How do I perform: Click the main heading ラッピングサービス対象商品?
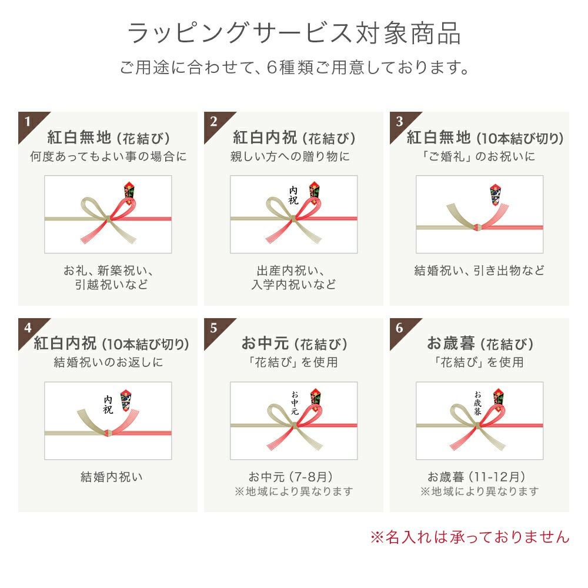[x=294, y=33]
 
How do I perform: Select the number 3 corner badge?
[x=399, y=122]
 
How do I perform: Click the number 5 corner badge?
[x=213, y=328]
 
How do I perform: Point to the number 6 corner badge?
[x=399, y=328]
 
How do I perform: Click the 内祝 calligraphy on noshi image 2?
[x=293, y=195]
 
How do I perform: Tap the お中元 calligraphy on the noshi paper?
[x=295, y=402]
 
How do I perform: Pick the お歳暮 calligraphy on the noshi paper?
[x=477, y=402]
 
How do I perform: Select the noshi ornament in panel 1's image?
[x=129, y=191]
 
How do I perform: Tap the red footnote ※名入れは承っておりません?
[x=469, y=536]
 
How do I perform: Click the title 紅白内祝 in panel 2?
[x=265, y=138]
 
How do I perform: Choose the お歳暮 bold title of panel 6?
[x=451, y=344]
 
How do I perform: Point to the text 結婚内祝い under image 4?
[x=112, y=477]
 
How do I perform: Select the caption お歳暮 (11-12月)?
[x=476, y=477]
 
